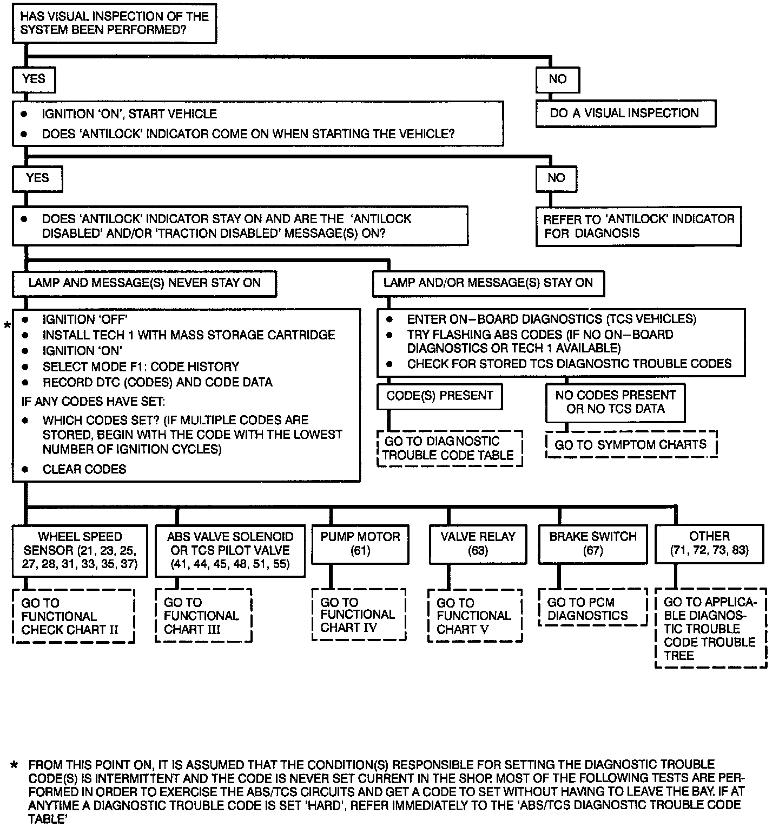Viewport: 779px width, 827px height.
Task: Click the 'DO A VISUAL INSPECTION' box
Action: click(x=625, y=114)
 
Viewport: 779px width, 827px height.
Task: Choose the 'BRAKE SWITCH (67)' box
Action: click(x=593, y=544)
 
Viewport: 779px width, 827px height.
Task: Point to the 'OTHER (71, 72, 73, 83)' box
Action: click(x=709, y=544)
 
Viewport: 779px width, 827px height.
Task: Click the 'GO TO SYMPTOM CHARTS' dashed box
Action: click(x=631, y=445)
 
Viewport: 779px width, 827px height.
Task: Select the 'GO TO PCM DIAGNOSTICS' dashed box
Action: click(x=592, y=609)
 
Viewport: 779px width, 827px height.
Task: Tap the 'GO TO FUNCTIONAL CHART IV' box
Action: click(x=359, y=615)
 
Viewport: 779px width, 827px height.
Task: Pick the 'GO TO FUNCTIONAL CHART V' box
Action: click(x=475, y=616)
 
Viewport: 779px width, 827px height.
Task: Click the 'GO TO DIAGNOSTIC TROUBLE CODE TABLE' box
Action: click(x=449, y=449)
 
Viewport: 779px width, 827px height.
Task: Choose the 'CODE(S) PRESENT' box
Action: click(x=439, y=396)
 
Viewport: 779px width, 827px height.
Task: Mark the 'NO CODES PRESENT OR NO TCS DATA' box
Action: click(x=615, y=403)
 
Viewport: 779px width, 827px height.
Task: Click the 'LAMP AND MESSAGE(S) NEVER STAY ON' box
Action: click(x=144, y=283)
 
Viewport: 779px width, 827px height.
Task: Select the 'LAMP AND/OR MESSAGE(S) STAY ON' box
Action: click(x=488, y=283)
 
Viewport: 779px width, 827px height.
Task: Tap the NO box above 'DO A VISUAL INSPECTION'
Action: click(x=557, y=79)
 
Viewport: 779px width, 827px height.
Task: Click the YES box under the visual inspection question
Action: click(x=34, y=79)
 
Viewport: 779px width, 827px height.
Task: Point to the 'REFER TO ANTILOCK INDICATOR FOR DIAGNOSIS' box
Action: click(x=638, y=226)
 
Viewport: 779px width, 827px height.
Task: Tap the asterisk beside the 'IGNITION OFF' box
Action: click(x=7, y=325)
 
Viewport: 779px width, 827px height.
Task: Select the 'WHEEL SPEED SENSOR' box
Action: click(x=80, y=551)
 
